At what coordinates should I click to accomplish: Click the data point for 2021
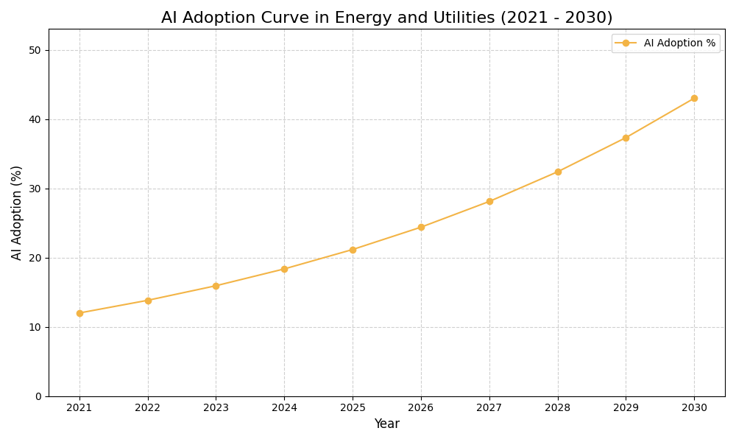coord(79,313)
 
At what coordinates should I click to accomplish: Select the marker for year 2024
coord(284,269)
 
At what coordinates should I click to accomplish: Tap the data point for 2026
coord(421,227)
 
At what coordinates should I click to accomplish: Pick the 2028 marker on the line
coord(558,172)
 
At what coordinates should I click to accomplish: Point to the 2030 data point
coord(694,98)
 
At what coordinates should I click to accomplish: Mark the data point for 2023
coord(216,286)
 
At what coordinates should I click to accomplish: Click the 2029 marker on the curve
coord(626,138)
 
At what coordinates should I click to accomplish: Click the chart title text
coord(386,18)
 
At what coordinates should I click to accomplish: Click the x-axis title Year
coord(386,424)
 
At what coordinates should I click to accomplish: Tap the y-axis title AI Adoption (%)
coord(17,212)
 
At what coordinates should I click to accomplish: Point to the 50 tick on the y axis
coord(35,50)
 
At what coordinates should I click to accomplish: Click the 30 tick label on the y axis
coord(35,189)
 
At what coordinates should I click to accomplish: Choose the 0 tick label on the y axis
coord(38,396)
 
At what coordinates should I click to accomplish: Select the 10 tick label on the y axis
coord(35,327)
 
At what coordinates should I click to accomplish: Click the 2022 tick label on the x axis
coord(148,408)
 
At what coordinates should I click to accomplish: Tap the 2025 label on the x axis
coord(353,408)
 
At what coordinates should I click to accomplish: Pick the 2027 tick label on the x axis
coord(489,408)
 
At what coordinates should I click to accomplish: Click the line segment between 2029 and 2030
coord(660,118)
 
